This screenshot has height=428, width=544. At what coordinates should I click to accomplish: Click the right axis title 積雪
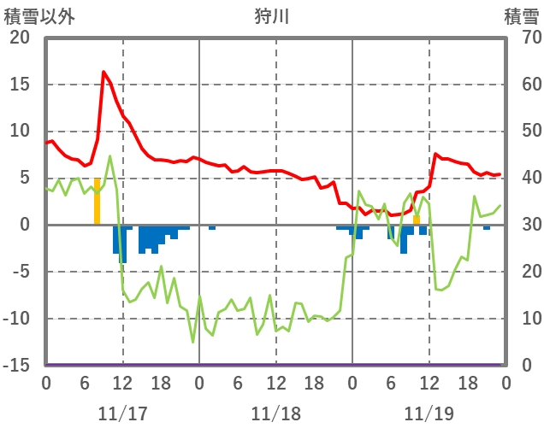[521, 16]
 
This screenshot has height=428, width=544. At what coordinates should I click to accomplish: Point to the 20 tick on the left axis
[19, 38]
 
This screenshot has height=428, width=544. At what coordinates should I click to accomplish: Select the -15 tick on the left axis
[17, 365]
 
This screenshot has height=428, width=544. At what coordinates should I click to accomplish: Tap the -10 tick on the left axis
[17, 319]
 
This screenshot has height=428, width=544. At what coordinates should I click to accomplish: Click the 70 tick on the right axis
[523, 38]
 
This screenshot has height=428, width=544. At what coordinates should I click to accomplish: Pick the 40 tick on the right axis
[523, 178]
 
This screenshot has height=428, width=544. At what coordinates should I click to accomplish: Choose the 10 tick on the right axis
[523, 319]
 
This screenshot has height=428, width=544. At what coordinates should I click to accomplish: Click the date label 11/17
[122, 413]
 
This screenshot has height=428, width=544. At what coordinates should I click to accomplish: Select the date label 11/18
[276, 413]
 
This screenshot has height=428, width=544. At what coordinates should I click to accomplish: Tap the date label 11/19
[429, 413]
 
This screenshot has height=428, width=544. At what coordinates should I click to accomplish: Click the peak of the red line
[103, 72]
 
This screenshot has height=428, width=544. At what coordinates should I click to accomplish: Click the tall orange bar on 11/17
[98, 201]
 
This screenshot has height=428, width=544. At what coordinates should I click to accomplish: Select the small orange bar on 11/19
[417, 220]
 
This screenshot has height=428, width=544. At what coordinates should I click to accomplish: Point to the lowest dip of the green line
[192, 342]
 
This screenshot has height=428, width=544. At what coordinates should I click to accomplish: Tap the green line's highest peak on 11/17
[109, 156]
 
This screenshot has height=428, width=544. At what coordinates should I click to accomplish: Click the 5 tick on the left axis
[25, 178]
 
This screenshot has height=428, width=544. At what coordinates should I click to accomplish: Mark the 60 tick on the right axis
[523, 85]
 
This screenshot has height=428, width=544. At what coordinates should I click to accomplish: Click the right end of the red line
[500, 174]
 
